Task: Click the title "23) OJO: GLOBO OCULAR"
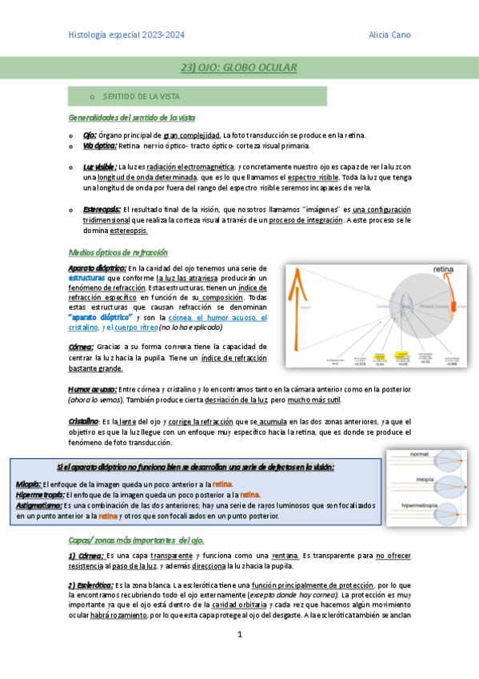238,68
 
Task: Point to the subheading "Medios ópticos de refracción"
118,251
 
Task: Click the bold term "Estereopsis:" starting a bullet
102,209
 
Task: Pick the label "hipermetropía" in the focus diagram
420,507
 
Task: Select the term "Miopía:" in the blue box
29,484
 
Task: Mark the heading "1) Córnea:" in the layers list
86,555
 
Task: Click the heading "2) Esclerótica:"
91,585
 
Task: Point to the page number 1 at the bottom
239,634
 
